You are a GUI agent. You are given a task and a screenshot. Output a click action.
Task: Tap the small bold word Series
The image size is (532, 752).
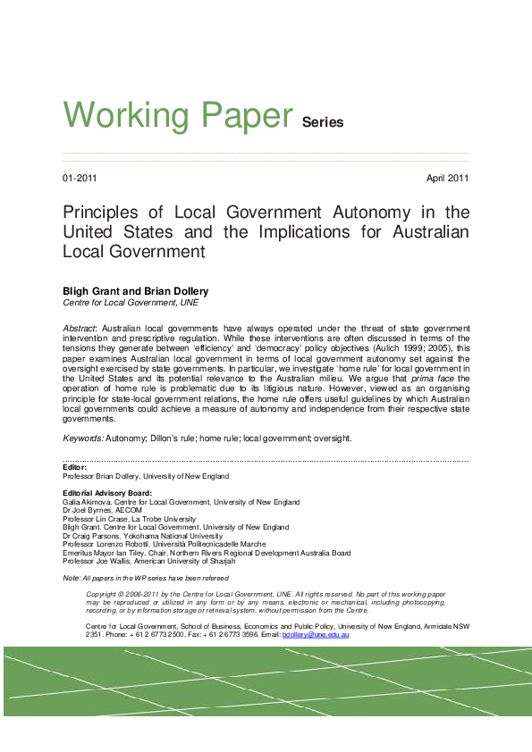[x=323, y=122]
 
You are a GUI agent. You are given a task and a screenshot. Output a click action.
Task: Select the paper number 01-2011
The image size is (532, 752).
[x=80, y=179]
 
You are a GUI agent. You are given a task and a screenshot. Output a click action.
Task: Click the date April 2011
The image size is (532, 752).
[x=448, y=179]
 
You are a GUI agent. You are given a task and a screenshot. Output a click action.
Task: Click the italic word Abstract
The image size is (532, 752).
[x=80, y=329]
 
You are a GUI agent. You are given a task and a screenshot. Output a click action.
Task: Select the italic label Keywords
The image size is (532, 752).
[x=82, y=439]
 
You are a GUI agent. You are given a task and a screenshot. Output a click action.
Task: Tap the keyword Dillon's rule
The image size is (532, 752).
[x=182, y=439]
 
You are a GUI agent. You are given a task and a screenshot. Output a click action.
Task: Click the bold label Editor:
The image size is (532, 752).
[x=74, y=467]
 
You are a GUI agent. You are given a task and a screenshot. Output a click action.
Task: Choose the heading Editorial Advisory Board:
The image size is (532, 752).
[x=107, y=493]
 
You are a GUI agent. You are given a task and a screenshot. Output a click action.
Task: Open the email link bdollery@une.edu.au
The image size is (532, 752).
[x=316, y=634]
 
